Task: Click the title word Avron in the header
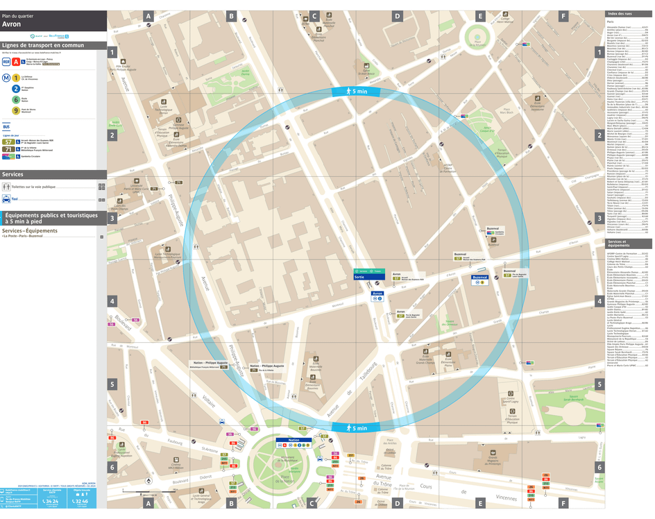point(11,24)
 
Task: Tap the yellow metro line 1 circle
point(15,78)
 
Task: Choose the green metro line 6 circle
point(15,100)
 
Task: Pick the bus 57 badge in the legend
point(7,141)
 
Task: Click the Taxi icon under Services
point(6,198)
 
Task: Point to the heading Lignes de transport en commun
point(43,45)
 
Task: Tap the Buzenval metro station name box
point(480,278)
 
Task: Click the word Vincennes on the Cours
point(507,498)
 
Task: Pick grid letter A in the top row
point(148,15)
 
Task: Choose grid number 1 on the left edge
point(112,52)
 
